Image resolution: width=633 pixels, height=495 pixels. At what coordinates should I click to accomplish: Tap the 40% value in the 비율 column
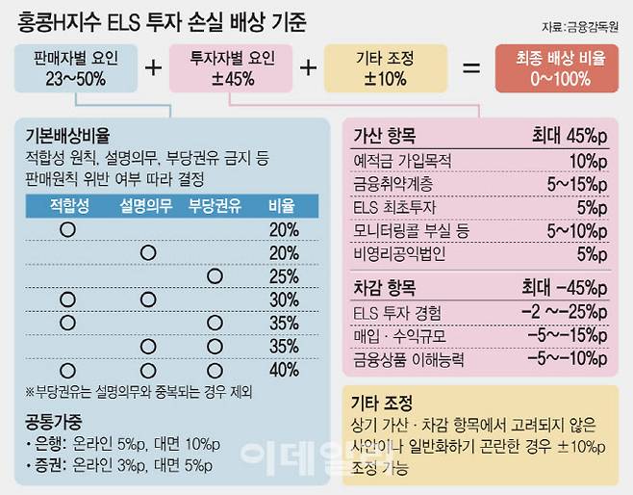[x=284, y=370]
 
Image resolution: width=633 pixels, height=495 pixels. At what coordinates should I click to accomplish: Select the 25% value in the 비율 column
[x=284, y=276]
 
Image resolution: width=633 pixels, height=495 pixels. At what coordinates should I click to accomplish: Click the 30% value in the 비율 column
[x=284, y=300]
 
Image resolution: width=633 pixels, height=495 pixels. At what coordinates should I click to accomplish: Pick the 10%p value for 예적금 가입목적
[x=588, y=159]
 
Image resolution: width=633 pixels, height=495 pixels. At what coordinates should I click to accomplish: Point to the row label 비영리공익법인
[x=401, y=256]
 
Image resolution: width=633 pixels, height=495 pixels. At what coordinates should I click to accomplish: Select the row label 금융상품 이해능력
[x=408, y=359]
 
